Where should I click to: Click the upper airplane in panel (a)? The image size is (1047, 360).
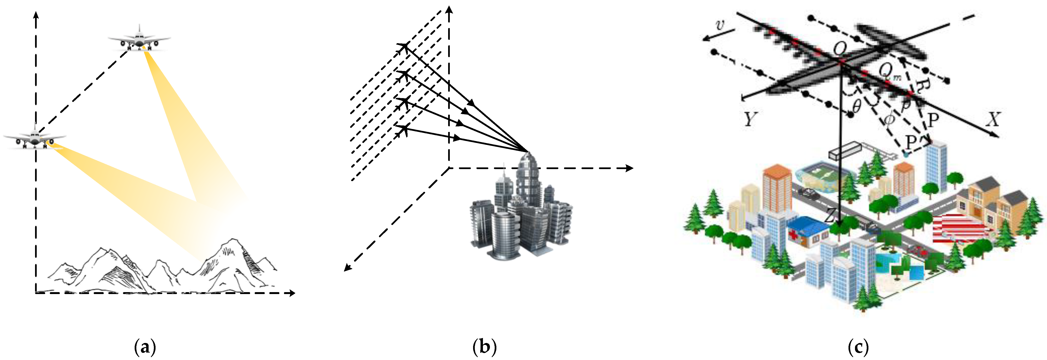(x=139, y=39)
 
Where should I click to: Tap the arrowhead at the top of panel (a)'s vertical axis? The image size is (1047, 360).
(x=36, y=15)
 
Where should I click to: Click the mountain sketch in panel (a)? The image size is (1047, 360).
(x=162, y=268)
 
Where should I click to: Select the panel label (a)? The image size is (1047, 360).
(x=145, y=347)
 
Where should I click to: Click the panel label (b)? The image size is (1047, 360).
(x=484, y=347)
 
